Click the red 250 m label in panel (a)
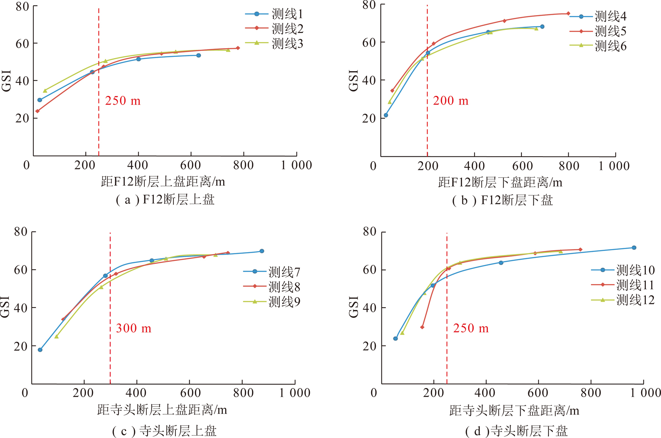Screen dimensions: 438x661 [x=123, y=101]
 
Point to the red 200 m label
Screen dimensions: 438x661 [x=451, y=101]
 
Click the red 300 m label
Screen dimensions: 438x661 [x=134, y=329]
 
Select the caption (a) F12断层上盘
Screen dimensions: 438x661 [x=165, y=200]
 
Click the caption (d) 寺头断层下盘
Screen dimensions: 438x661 [x=516, y=431]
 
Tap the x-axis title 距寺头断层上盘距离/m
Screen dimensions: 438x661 [x=162, y=410]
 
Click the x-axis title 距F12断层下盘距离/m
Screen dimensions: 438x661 [x=500, y=183]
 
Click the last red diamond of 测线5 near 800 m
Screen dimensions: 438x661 [x=568, y=14]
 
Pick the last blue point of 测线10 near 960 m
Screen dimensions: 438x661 [x=634, y=248]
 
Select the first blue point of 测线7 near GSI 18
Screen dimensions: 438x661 [x=40, y=350]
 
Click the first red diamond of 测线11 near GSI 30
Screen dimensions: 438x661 [x=422, y=327]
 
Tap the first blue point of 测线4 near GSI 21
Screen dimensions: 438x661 [x=386, y=115]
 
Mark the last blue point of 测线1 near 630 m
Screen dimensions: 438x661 [x=199, y=55]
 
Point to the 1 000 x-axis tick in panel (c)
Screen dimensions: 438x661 [x=295, y=393]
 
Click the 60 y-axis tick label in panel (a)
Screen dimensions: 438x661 [x=22, y=43]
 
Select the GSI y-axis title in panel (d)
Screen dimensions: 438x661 [x=354, y=307]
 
